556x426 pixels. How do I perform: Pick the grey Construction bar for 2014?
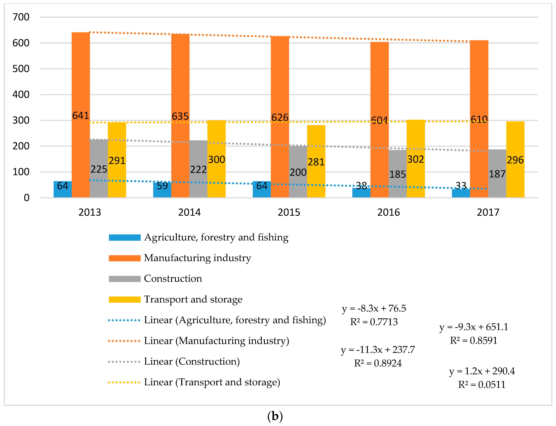pos(198,169)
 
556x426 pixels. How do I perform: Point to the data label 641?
pos(81,116)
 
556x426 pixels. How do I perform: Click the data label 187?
pos(497,174)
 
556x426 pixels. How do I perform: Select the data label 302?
pos(416,159)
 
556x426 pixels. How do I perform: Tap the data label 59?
pos(162,186)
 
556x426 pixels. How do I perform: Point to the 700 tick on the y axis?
pos(21,17)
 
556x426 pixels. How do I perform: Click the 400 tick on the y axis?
pos(21,95)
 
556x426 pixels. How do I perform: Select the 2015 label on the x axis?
pos(289,212)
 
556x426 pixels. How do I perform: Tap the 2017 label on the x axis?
pos(488,212)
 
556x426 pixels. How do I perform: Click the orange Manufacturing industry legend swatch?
pos(125,258)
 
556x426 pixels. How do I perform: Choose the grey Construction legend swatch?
pos(125,279)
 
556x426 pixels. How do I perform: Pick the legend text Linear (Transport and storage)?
pos(212,382)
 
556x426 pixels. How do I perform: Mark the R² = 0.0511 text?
pos(482,385)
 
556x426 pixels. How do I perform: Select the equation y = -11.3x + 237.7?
pos(378,350)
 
